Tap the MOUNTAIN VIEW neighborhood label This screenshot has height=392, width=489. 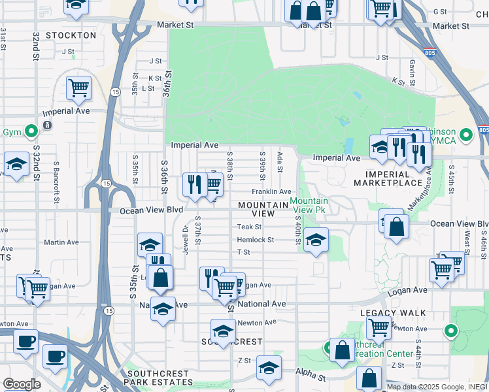point(263,209)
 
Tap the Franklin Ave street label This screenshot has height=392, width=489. point(272,191)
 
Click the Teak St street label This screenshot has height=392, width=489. point(249,227)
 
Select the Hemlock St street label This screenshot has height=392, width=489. point(256,240)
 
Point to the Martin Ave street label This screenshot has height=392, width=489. point(61,242)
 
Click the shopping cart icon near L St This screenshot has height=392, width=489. point(78,86)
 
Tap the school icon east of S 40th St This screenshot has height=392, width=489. point(316,240)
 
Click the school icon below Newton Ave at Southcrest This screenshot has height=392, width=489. point(223,331)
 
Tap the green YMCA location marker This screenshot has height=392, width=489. point(465,135)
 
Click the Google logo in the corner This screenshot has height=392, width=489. point(22,384)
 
